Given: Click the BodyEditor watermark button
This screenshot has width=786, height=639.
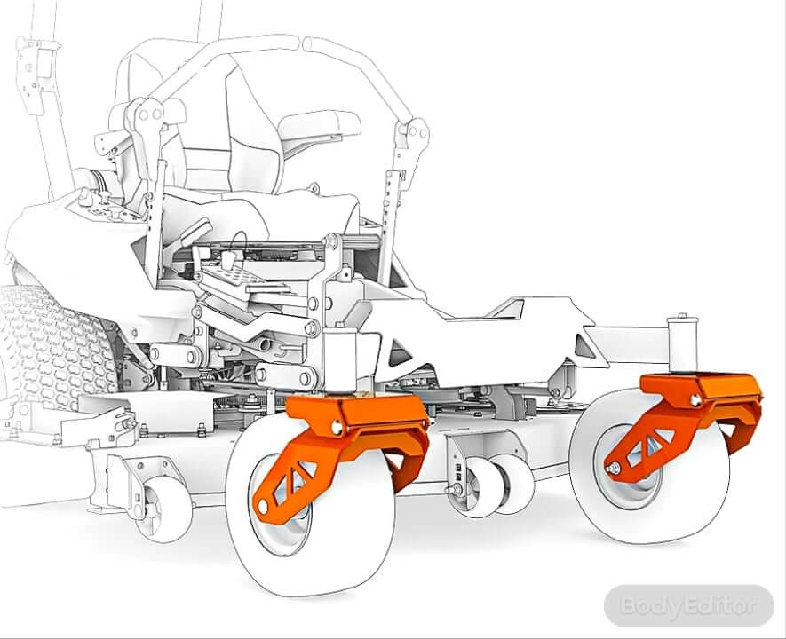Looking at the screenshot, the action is (x=689, y=605).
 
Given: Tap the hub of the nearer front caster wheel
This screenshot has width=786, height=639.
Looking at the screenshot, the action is (x=281, y=506).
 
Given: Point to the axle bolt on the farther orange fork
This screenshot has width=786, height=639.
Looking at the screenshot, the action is (x=613, y=469).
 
